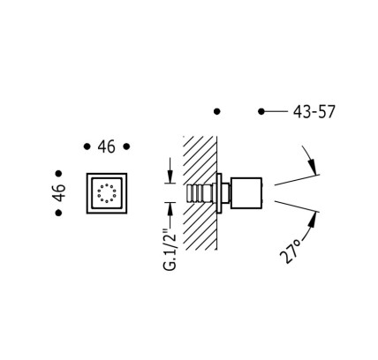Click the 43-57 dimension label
click(x=314, y=112)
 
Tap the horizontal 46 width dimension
click(x=107, y=146)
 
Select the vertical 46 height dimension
click(x=59, y=192)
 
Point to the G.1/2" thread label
click(x=170, y=249)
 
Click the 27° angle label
click(x=291, y=251)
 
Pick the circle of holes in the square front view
click(x=107, y=193)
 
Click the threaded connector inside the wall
click(x=200, y=193)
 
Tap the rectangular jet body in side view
click(x=246, y=193)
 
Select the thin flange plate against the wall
click(x=219, y=193)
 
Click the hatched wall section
click(x=200, y=193)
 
